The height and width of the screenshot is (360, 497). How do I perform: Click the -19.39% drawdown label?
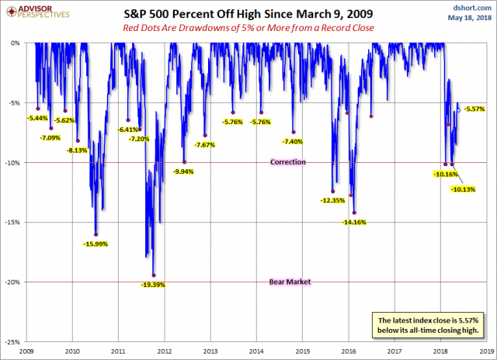click(147, 285)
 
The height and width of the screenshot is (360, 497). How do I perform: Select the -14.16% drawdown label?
click(353, 222)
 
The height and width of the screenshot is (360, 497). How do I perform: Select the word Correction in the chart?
click(287, 162)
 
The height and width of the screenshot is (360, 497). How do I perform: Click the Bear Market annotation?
click(290, 282)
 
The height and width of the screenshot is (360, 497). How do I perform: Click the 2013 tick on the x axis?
click(210, 350)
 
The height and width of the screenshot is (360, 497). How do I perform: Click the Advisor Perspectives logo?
click(35, 13)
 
